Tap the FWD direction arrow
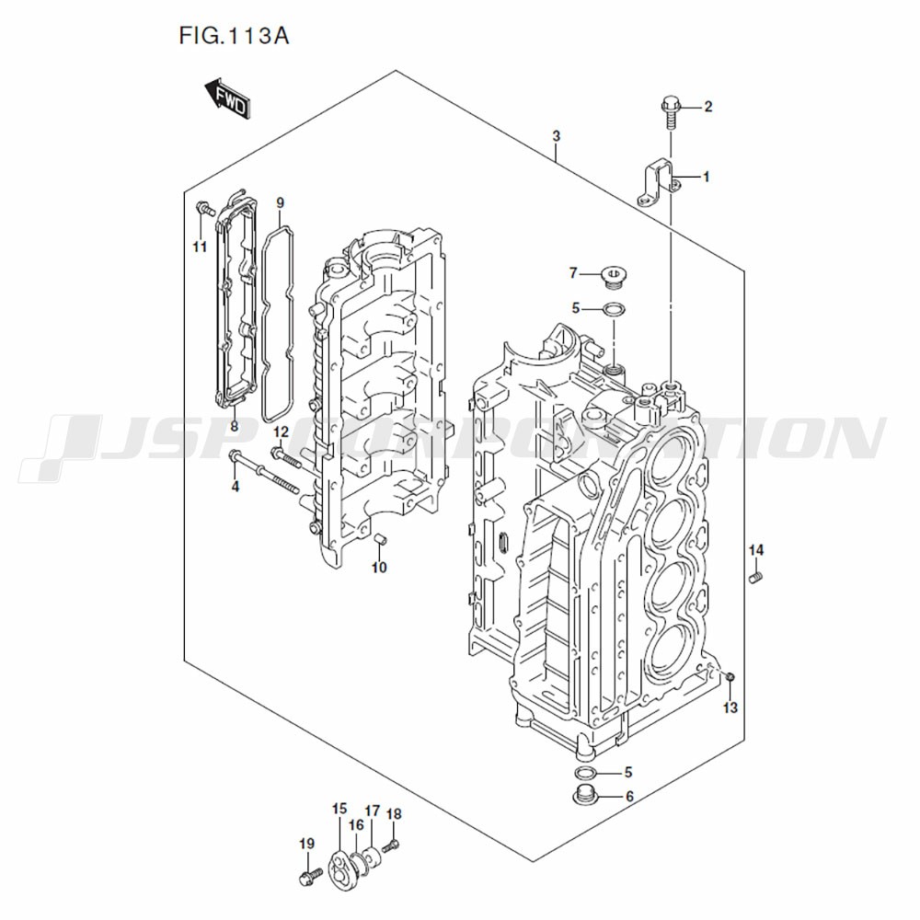pos(225,99)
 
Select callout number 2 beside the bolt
pos(707,108)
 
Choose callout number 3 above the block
pos(557,136)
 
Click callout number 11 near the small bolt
pos(200,247)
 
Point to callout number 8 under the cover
pos(234,426)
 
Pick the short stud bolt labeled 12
pos(288,456)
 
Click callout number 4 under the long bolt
pos(235,486)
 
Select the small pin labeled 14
pos(756,578)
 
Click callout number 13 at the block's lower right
pos(730,707)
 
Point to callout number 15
pos(339,810)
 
